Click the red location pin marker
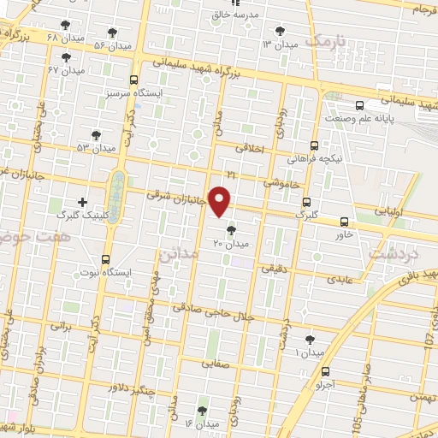point(221,200)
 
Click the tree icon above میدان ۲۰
point(230,230)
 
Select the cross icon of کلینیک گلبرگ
point(82,201)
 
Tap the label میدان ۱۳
point(280,43)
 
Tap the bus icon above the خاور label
point(344,220)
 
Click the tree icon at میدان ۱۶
point(202,409)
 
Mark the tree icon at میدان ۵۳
point(96,135)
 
